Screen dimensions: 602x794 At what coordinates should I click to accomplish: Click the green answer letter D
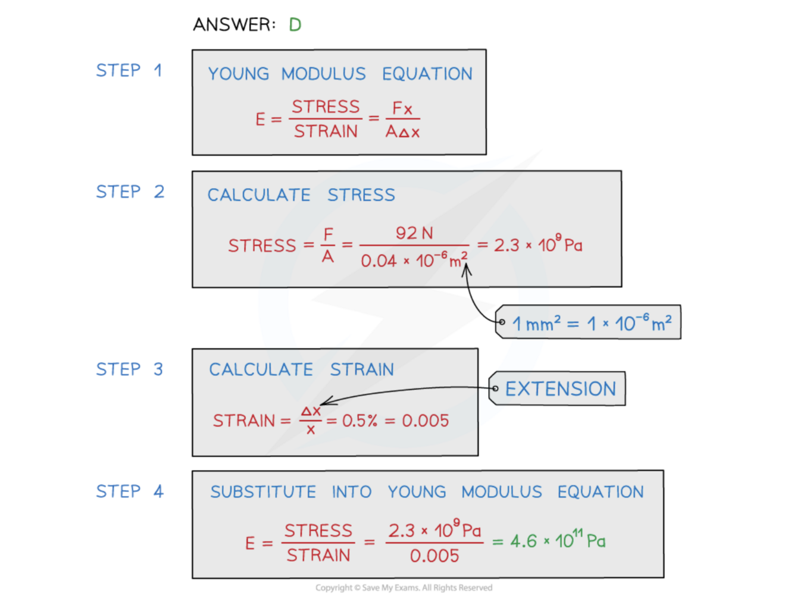(x=295, y=25)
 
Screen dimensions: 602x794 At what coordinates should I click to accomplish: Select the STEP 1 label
(x=129, y=71)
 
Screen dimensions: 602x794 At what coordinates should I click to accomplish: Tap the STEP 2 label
(x=130, y=192)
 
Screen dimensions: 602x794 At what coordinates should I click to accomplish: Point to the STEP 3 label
(x=129, y=369)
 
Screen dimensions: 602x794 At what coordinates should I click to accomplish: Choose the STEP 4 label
(x=129, y=491)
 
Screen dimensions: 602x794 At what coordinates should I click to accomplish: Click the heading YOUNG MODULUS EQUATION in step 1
(x=340, y=74)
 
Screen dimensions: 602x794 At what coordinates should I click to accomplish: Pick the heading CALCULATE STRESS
(x=301, y=195)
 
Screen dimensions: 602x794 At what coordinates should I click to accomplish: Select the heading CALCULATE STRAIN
(x=301, y=369)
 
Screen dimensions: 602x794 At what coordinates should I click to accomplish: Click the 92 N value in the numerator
(x=414, y=233)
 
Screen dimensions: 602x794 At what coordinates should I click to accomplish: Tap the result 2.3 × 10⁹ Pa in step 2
(x=537, y=244)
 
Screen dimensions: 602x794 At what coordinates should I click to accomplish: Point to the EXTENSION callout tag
(x=559, y=389)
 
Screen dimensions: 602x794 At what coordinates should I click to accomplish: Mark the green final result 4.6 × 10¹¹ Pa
(x=558, y=540)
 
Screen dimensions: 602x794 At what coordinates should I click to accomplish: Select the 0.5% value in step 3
(x=360, y=421)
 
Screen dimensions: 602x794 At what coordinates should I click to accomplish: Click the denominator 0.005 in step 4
(x=434, y=556)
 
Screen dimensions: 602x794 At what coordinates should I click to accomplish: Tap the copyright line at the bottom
(x=404, y=588)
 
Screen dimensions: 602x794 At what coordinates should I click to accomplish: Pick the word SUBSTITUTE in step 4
(x=263, y=492)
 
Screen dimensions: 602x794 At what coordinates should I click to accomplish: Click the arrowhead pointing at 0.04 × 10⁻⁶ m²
(x=467, y=269)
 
